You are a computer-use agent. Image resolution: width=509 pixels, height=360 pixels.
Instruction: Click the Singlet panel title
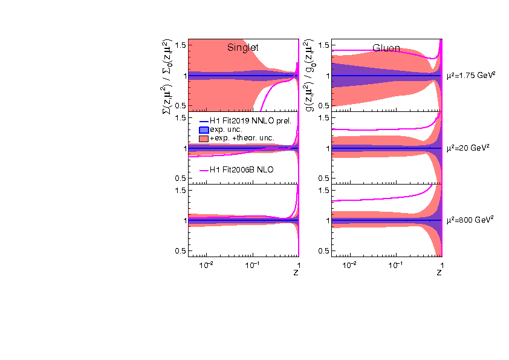click(x=243, y=48)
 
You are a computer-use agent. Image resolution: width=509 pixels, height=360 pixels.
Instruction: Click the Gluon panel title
click(x=386, y=48)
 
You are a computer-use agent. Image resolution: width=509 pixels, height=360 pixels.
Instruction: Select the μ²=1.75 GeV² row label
click(x=471, y=76)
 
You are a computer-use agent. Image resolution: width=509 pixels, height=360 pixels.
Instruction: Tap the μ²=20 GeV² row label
click(x=468, y=148)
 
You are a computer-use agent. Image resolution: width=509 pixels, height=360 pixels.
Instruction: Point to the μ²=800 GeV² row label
click(x=470, y=220)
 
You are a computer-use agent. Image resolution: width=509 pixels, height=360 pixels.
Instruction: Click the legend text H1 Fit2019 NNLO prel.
click(x=250, y=121)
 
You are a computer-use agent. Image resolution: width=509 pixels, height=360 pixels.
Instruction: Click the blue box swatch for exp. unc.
click(x=204, y=129)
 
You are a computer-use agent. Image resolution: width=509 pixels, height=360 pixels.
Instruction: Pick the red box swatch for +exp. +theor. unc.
click(x=204, y=139)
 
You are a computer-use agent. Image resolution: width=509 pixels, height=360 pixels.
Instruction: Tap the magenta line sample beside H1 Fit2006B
click(x=204, y=171)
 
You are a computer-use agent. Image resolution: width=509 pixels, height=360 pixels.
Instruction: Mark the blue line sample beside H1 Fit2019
click(x=204, y=121)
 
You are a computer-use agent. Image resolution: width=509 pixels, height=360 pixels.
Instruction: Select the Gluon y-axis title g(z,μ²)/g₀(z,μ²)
click(x=310, y=75)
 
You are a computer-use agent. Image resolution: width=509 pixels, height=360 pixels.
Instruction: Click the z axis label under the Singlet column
click(x=296, y=273)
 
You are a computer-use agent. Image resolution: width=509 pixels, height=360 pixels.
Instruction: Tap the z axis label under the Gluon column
click(x=439, y=273)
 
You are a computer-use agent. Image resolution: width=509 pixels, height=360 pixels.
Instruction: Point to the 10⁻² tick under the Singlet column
click(x=207, y=265)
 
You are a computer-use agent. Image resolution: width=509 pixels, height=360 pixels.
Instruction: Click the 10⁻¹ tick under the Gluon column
click(x=395, y=265)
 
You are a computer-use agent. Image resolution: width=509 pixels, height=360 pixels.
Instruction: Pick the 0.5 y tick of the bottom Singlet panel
click(x=180, y=250)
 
